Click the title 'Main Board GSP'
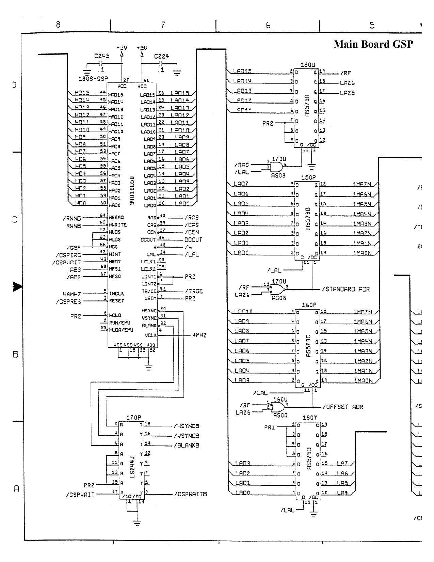point(373,44)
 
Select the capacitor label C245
point(102,57)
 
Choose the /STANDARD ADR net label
point(345,290)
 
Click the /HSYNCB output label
point(186,426)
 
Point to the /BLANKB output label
point(186,445)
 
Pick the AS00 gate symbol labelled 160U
point(279,407)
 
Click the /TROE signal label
point(194,291)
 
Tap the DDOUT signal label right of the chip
point(193,240)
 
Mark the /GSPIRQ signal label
point(68,255)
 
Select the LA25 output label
point(347,93)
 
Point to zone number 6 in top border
point(268,25)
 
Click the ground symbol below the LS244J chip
point(137,524)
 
